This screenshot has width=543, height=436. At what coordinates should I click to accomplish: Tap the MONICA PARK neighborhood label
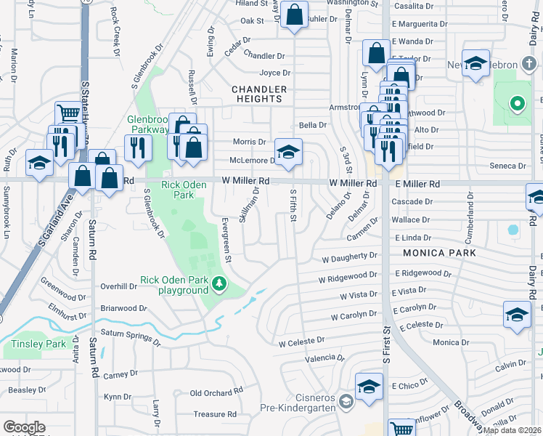436,253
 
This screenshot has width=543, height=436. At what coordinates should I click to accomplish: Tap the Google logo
24,427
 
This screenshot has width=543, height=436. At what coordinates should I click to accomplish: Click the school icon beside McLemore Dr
288,153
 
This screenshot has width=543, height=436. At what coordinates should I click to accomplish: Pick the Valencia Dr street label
324,358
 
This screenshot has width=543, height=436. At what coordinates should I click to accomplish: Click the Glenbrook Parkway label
148,124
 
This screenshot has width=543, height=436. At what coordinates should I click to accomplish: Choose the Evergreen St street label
226,239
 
